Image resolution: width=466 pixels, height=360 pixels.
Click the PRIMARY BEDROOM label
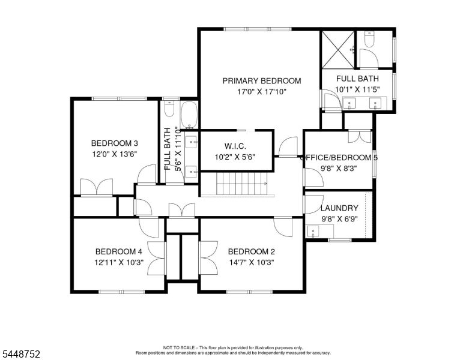262,81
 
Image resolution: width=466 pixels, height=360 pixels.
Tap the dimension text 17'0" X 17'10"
262,92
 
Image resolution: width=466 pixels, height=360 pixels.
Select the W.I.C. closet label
235,146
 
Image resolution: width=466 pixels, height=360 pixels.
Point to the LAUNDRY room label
339,208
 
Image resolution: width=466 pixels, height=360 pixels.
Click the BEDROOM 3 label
115,143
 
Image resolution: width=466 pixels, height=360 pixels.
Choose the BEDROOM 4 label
118,251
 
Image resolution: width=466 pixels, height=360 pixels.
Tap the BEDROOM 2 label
252,251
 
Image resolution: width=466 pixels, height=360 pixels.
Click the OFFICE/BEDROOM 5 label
339,157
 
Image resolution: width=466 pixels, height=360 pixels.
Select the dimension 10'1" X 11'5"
357,89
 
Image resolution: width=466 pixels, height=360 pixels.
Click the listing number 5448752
21,354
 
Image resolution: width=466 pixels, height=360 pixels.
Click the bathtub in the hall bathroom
189,115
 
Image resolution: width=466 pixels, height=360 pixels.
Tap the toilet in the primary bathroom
369,40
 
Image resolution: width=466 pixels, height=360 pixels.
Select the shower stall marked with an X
339,50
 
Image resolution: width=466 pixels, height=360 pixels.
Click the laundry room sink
313,231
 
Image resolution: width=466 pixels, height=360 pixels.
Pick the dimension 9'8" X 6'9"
339,219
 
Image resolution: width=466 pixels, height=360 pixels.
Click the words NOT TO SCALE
179,347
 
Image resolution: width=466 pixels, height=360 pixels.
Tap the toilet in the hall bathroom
169,109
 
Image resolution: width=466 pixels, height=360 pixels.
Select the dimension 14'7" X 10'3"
252,263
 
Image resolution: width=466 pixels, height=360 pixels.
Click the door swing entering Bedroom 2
283,227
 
